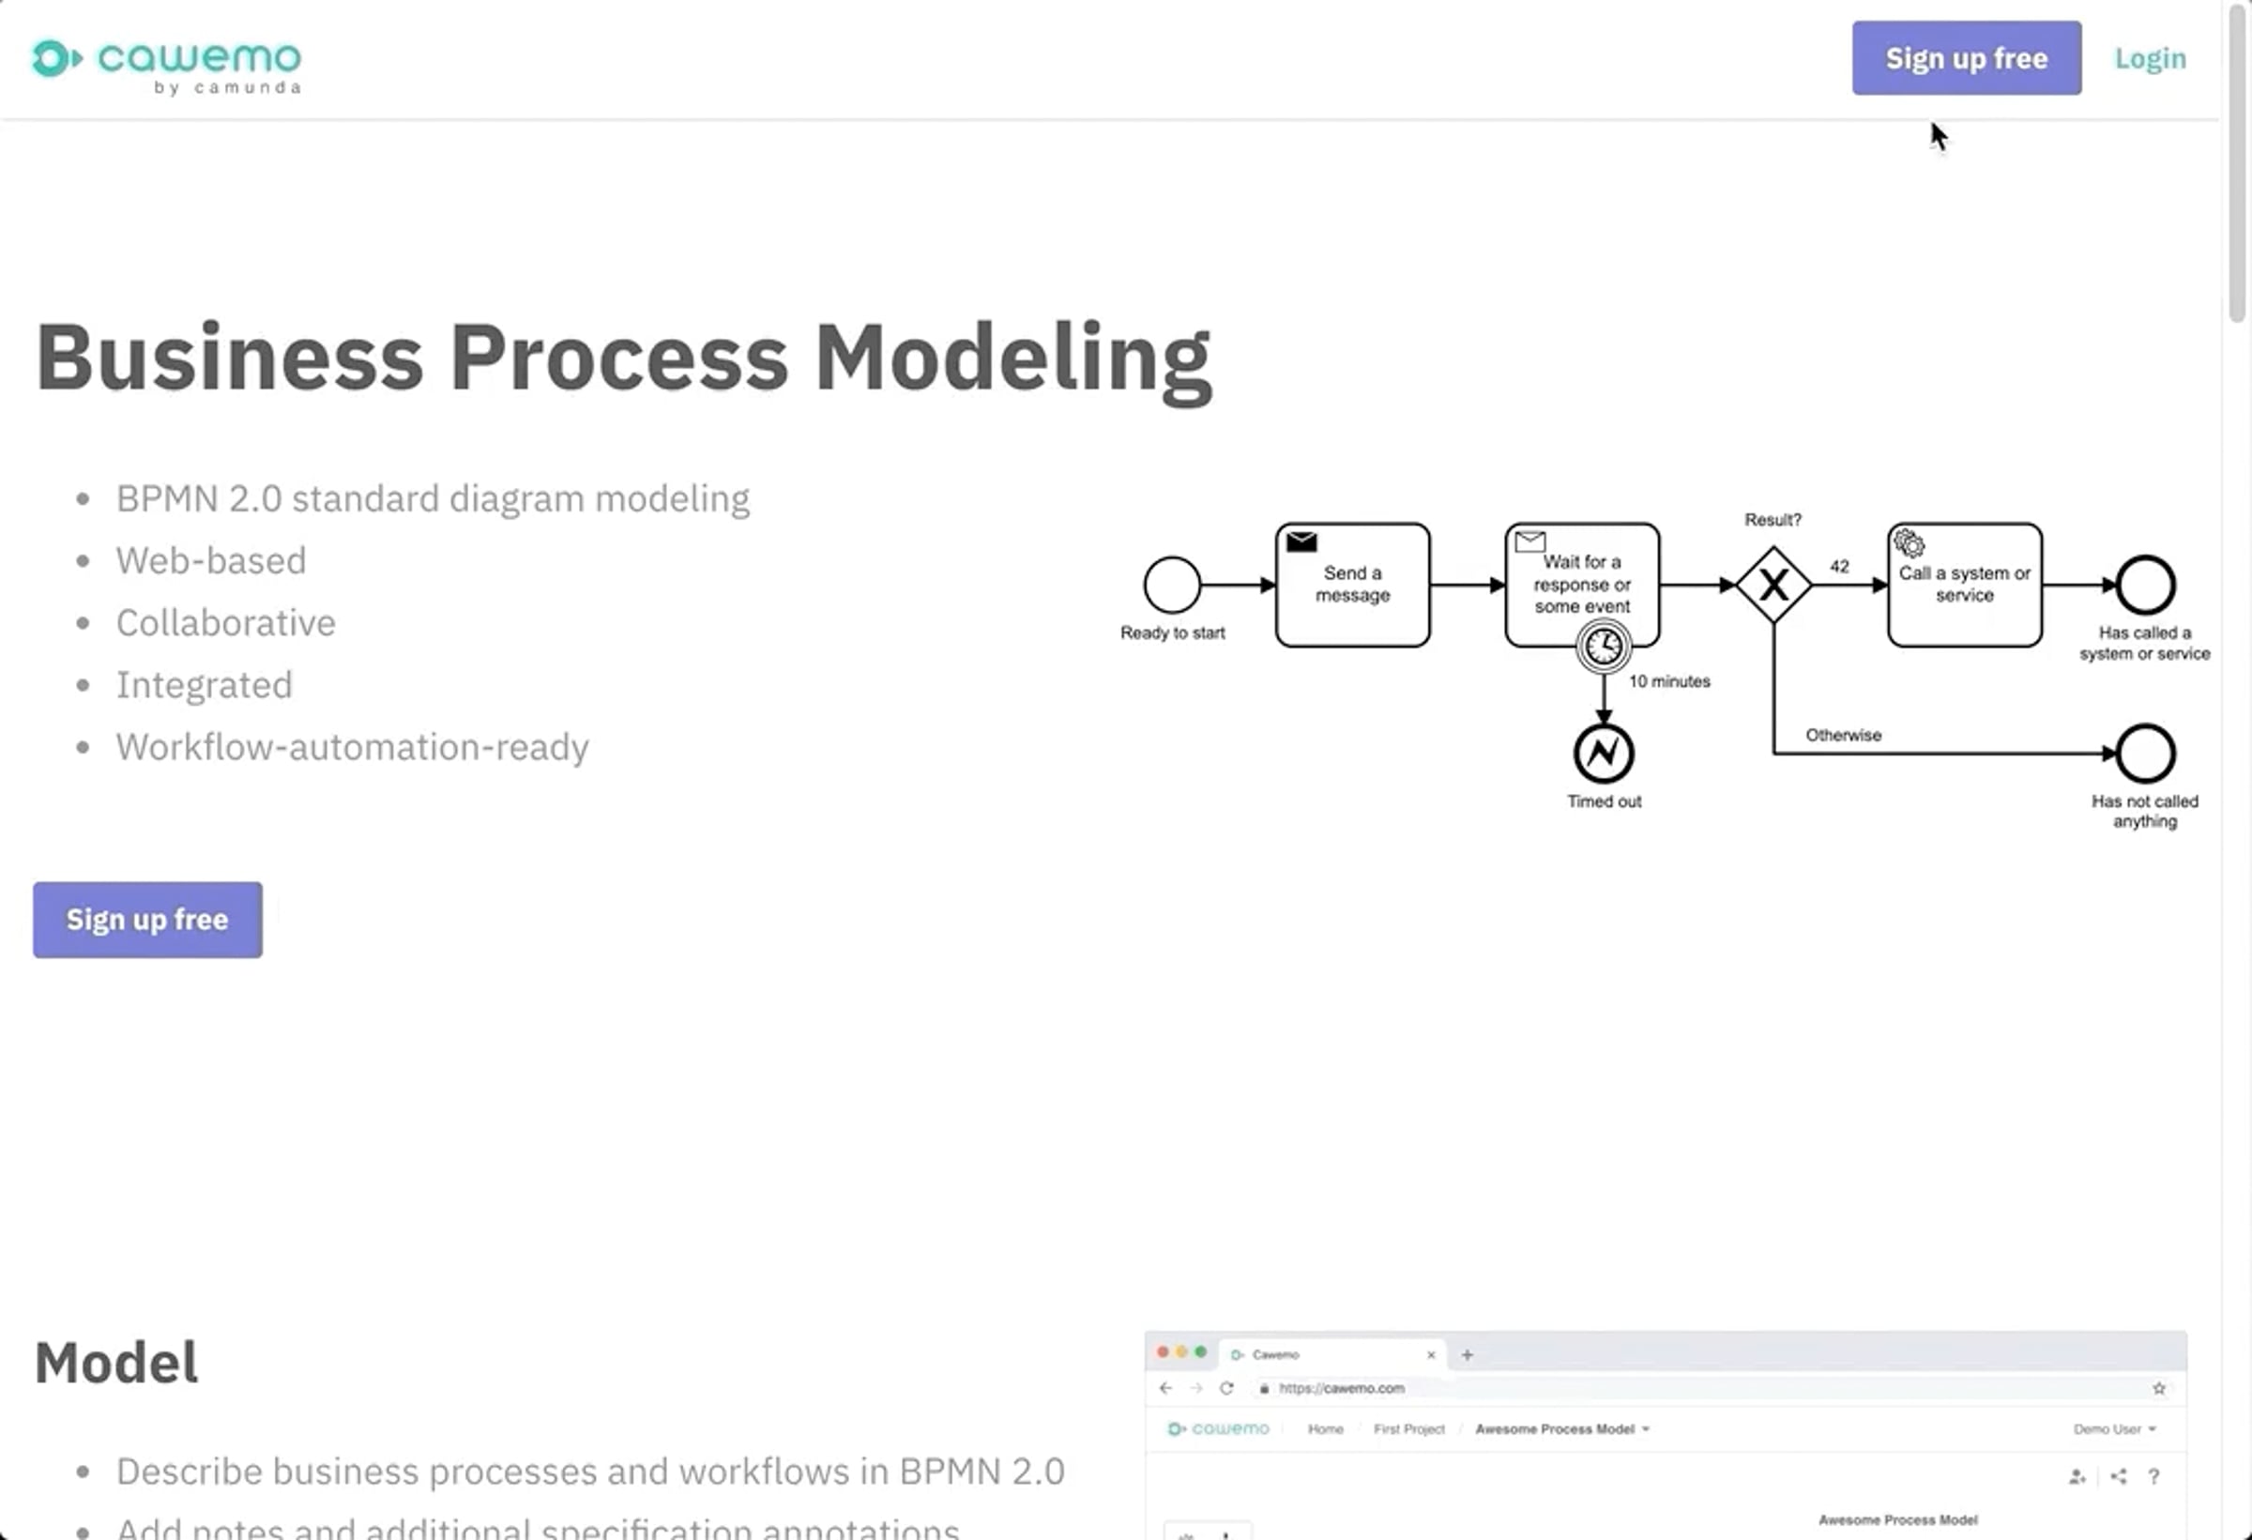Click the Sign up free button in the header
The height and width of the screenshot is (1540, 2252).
(1965, 58)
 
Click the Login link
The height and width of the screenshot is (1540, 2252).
(2150, 58)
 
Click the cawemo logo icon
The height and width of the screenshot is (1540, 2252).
(54, 58)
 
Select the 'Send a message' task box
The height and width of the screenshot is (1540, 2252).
(1352, 585)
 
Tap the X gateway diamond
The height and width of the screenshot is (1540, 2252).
(1773, 585)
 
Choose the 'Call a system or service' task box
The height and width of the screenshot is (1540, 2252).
(1964, 585)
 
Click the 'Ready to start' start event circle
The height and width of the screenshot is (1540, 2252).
(1172, 585)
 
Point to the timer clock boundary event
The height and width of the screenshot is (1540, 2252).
(1603, 647)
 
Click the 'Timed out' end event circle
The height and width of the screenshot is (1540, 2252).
(1603, 753)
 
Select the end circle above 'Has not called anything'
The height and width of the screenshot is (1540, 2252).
(2144, 753)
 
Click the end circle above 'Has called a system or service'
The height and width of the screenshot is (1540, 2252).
(2144, 585)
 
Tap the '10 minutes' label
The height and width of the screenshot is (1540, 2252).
(1668, 681)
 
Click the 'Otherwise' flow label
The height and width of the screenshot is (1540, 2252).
(1842, 735)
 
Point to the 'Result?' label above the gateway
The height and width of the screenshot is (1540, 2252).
(1773, 520)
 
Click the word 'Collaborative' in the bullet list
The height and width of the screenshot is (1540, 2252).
(226, 622)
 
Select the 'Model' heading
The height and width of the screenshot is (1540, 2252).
(116, 1362)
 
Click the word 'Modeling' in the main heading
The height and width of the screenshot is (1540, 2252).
(1012, 358)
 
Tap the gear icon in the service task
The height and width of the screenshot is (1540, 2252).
(1908, 542)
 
